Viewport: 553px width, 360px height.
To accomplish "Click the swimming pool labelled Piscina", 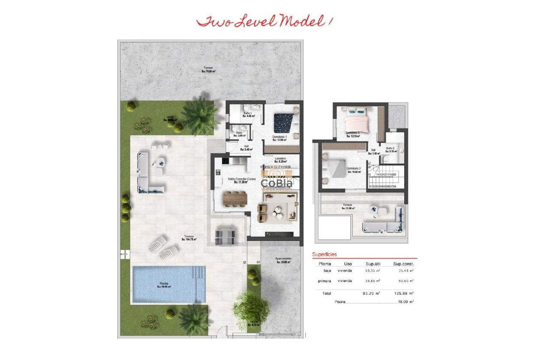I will coord(168,284).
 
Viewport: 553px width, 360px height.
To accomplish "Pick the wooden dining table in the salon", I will coord(235,198).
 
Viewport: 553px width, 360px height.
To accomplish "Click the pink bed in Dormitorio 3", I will coord(356,121).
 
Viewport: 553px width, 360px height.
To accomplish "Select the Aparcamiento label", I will coord(283,260).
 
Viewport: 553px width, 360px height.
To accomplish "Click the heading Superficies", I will coord(325,254).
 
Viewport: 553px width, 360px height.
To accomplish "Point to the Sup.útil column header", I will coord(373,264).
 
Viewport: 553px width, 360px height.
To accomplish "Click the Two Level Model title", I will coord(265,21).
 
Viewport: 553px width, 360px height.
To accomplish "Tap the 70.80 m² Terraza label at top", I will coord(208,69).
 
